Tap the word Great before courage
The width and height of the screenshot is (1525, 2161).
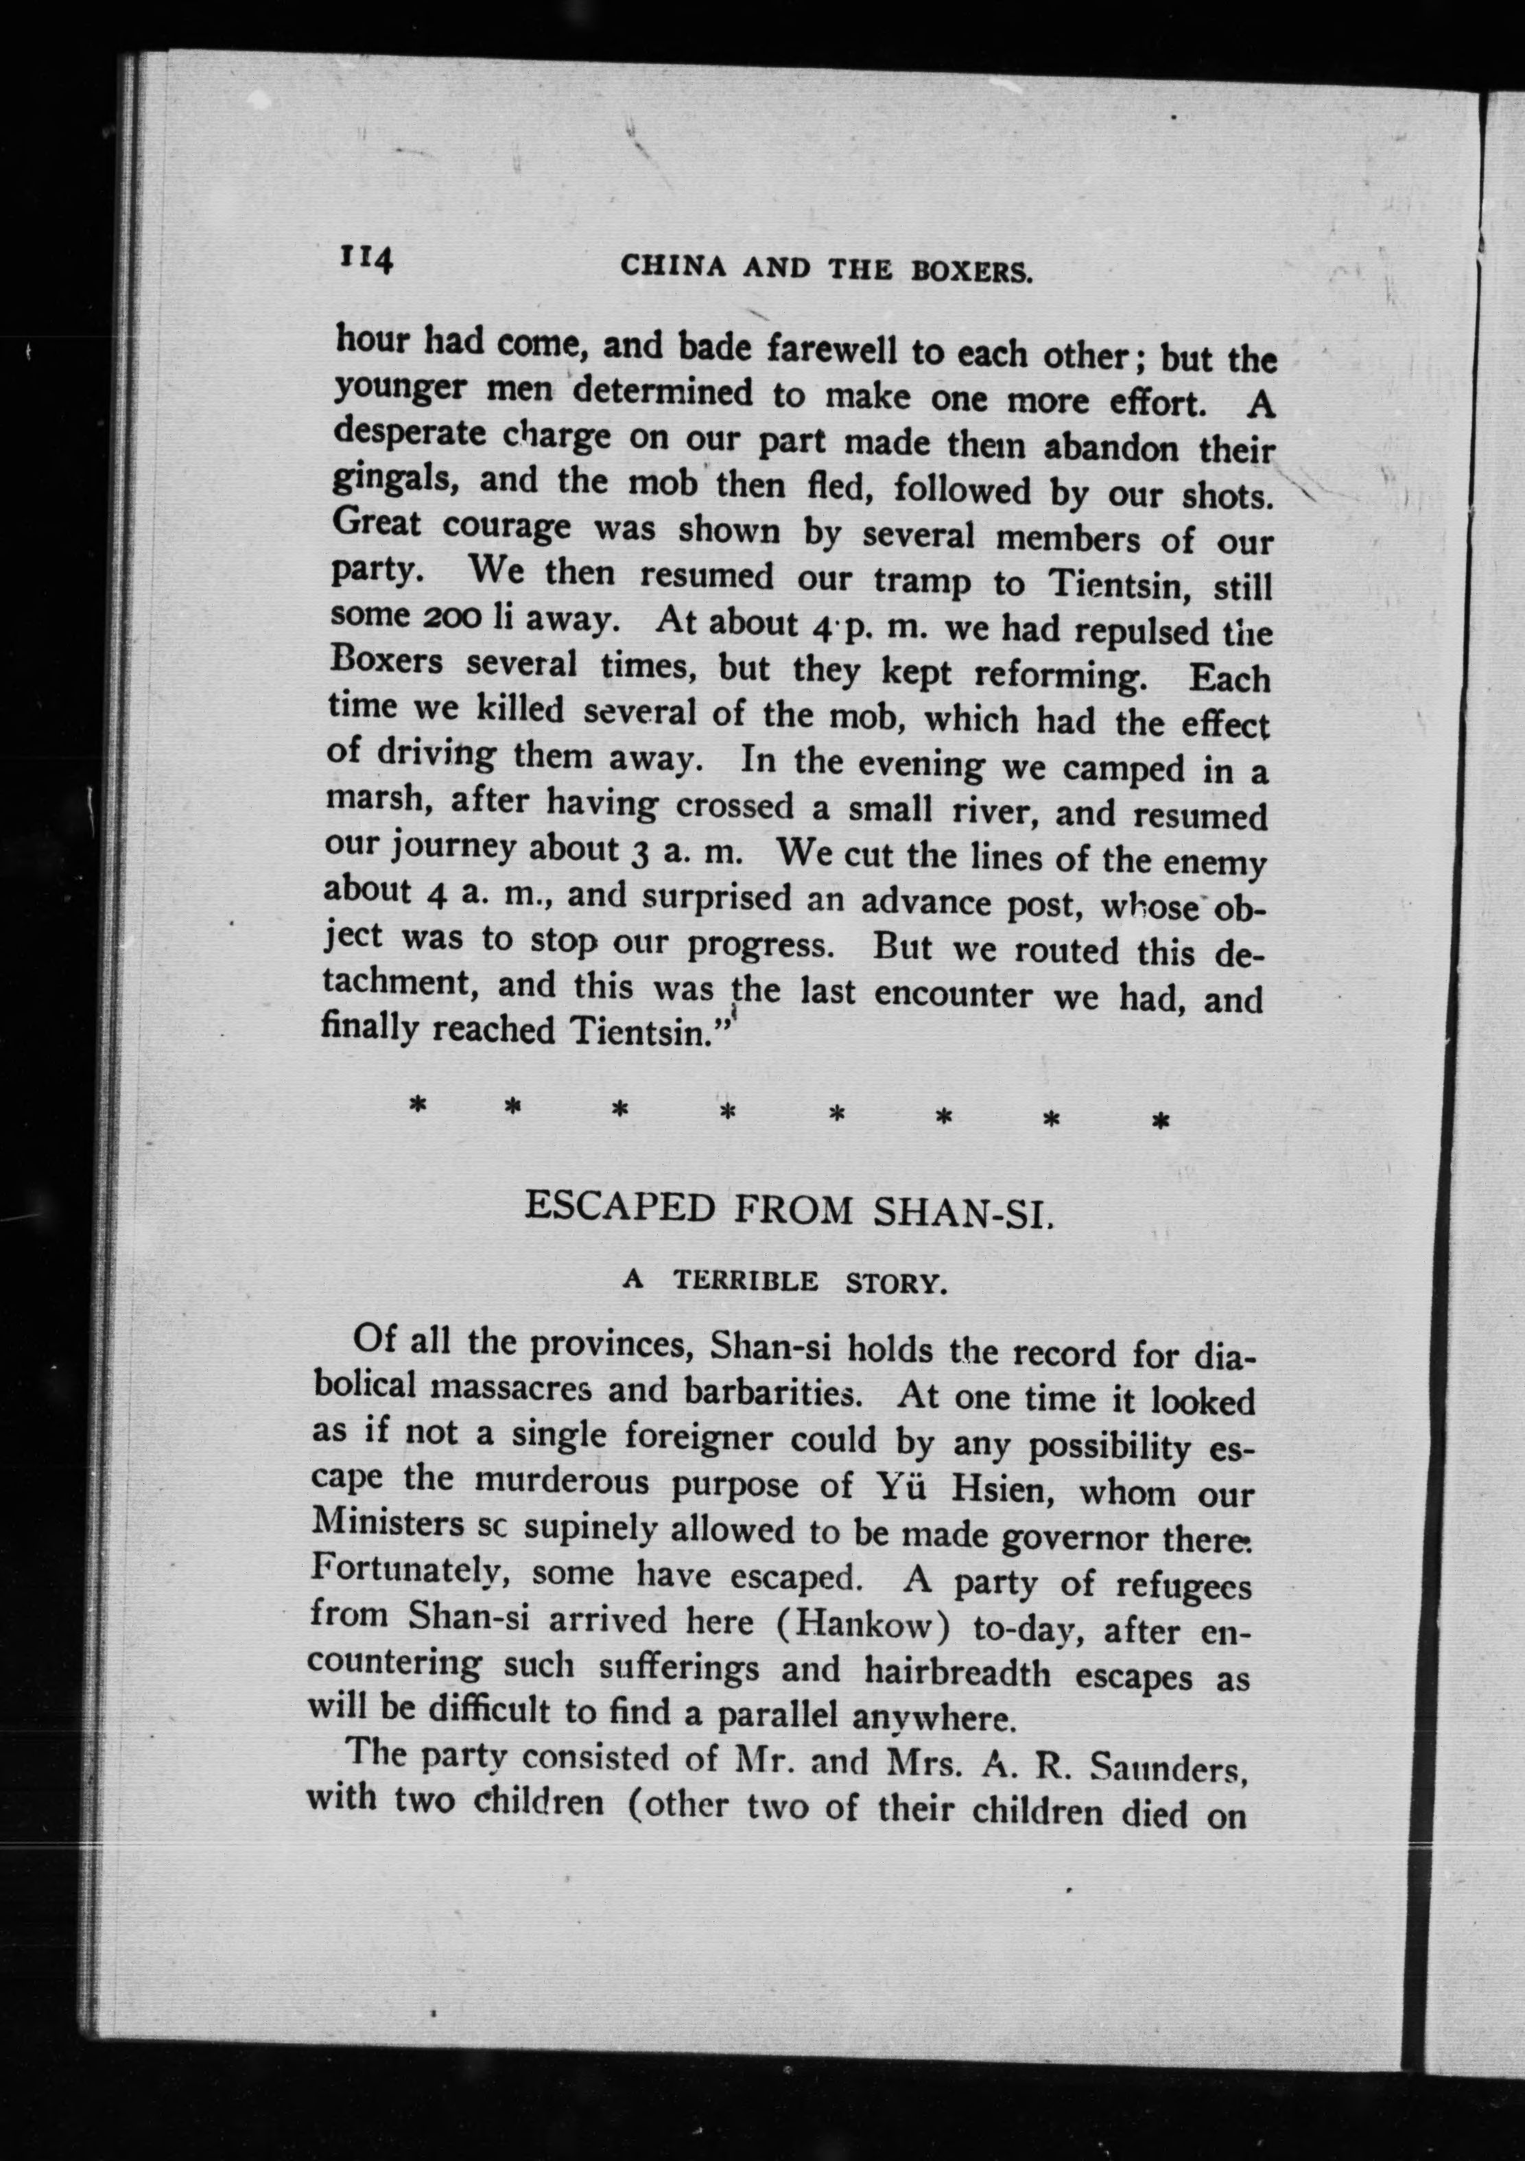377,522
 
